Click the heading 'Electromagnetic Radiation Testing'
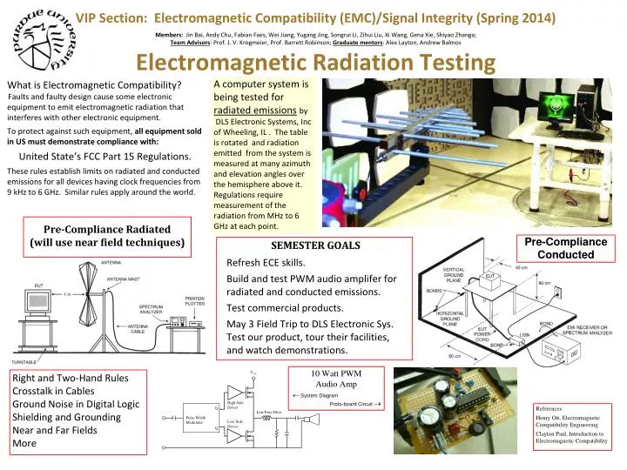(314, 64)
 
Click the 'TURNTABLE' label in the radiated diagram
(24, 361)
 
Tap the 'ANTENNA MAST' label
(125, 279)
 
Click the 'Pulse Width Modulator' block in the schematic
(195, 420)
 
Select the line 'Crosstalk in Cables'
(59, 391)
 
